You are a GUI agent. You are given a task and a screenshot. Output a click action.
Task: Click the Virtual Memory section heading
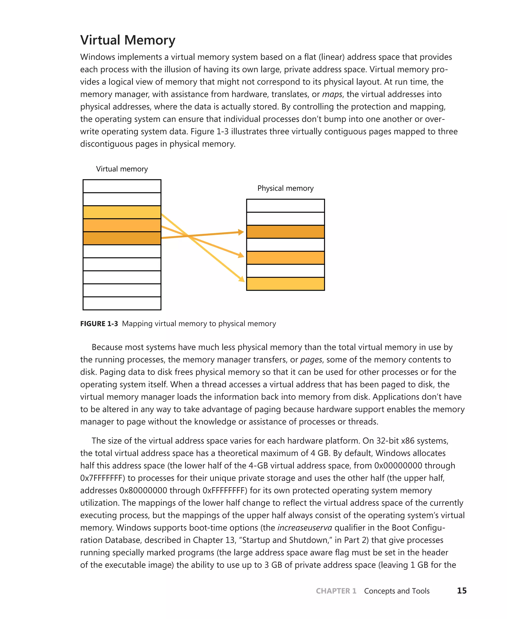tap(128, 40)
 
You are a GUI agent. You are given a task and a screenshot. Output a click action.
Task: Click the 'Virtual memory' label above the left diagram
tap(122, 169)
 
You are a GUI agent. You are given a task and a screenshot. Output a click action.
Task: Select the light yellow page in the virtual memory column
tap(122, 212)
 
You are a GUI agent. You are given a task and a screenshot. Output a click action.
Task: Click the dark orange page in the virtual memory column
tap(122, 238)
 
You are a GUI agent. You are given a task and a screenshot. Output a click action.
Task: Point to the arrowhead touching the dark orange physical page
tap(241, 232)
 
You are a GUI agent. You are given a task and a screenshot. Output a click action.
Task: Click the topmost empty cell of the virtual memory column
tap(122, 186)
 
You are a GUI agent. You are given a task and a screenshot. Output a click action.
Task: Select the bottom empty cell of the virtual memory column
tap(122, 303)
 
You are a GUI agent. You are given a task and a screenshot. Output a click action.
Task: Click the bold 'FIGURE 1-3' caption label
tap(99, 324)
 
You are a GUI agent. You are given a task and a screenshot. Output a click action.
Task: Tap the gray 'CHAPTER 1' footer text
tap(336, 591)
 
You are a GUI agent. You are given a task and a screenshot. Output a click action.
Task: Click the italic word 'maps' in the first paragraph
tap(332, 94)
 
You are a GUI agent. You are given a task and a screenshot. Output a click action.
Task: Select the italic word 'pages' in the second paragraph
tap(311, 360)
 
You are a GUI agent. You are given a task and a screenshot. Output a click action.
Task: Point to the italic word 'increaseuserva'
tap(304, 528)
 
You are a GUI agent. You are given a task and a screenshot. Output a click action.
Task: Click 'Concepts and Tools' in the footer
tap(397, 591)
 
